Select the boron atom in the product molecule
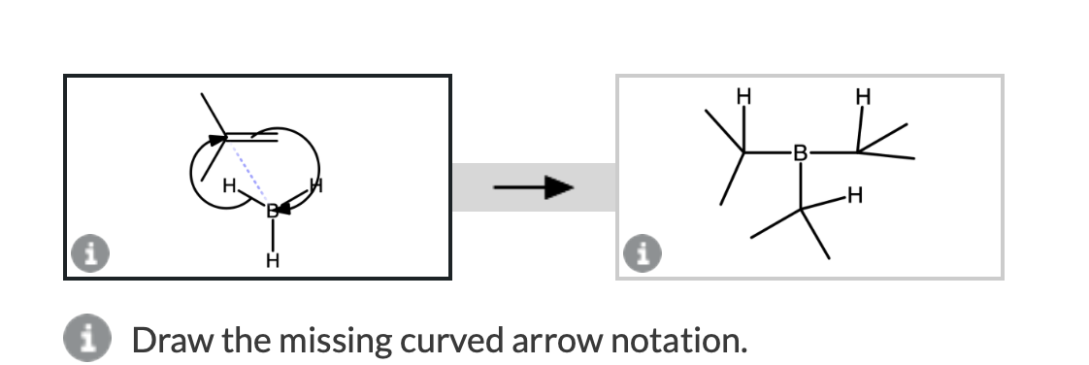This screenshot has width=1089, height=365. [x=799, y=152]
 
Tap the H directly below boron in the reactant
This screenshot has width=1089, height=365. [x=274, y=260]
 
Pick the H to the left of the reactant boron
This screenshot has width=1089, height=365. [x=229, y=185]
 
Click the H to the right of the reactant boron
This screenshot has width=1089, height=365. [x=314, y=185]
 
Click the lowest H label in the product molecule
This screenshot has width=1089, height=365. [x=853, y=198]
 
